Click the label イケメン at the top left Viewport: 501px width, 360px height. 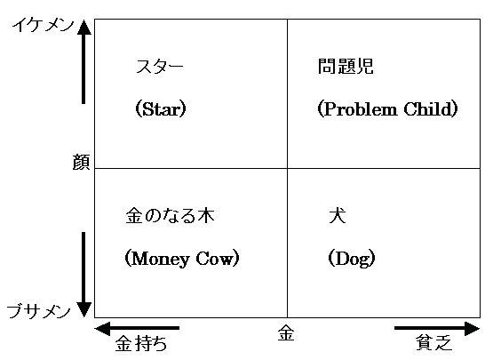[x=44, y=25]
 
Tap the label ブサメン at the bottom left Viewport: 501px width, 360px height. [x=39, y=311]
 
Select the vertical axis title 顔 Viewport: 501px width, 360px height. [x=81, y=162]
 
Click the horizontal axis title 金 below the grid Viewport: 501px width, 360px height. [x=286, y=333]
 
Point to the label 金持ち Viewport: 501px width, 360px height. [x=141, y=344]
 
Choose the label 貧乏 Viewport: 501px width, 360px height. [x=433, y=342]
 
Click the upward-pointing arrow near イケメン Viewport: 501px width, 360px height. [x=83, y=61]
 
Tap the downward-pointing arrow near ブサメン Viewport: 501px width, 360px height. [x=83, y=275]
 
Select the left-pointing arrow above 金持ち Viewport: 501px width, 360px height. [x=137, y=328]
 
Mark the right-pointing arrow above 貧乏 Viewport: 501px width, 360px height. [x=437, y=328]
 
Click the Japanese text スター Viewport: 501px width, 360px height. [x=160, y=67]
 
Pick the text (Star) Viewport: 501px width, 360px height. [x=161, y=109]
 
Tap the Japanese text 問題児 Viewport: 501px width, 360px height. [x=346, y=66]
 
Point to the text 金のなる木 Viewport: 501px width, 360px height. [x=170, y=215]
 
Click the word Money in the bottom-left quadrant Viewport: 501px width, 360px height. [x=160, y=259]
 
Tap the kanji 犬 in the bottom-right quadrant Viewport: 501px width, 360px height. [x=338, y=215]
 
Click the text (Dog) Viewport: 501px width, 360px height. [x=352, y=259]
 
